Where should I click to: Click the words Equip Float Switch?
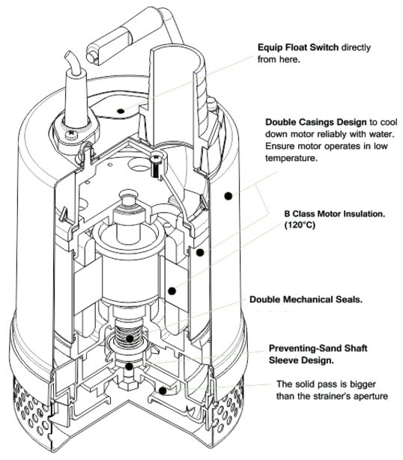pos(298,47)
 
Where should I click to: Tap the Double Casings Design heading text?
pos(316,122)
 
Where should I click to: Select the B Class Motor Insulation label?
pos(334,214)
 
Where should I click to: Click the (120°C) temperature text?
pos(300,225)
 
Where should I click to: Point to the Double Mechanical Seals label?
pos(306,299)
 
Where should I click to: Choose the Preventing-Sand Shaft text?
pos(318,349)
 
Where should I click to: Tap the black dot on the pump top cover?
pos(121,111)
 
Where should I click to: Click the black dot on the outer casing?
pos(228,196)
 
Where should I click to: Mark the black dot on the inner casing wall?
pos(200,252)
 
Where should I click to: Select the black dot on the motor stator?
pos(172,291)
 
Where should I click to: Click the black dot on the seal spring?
pos(130,339)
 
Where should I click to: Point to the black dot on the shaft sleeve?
pos(129,366)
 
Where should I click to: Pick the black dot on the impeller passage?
pos(163,390)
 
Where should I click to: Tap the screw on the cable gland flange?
pos(71,135)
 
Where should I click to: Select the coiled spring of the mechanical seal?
pos(128,331)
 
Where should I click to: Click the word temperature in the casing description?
pos(291,158)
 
